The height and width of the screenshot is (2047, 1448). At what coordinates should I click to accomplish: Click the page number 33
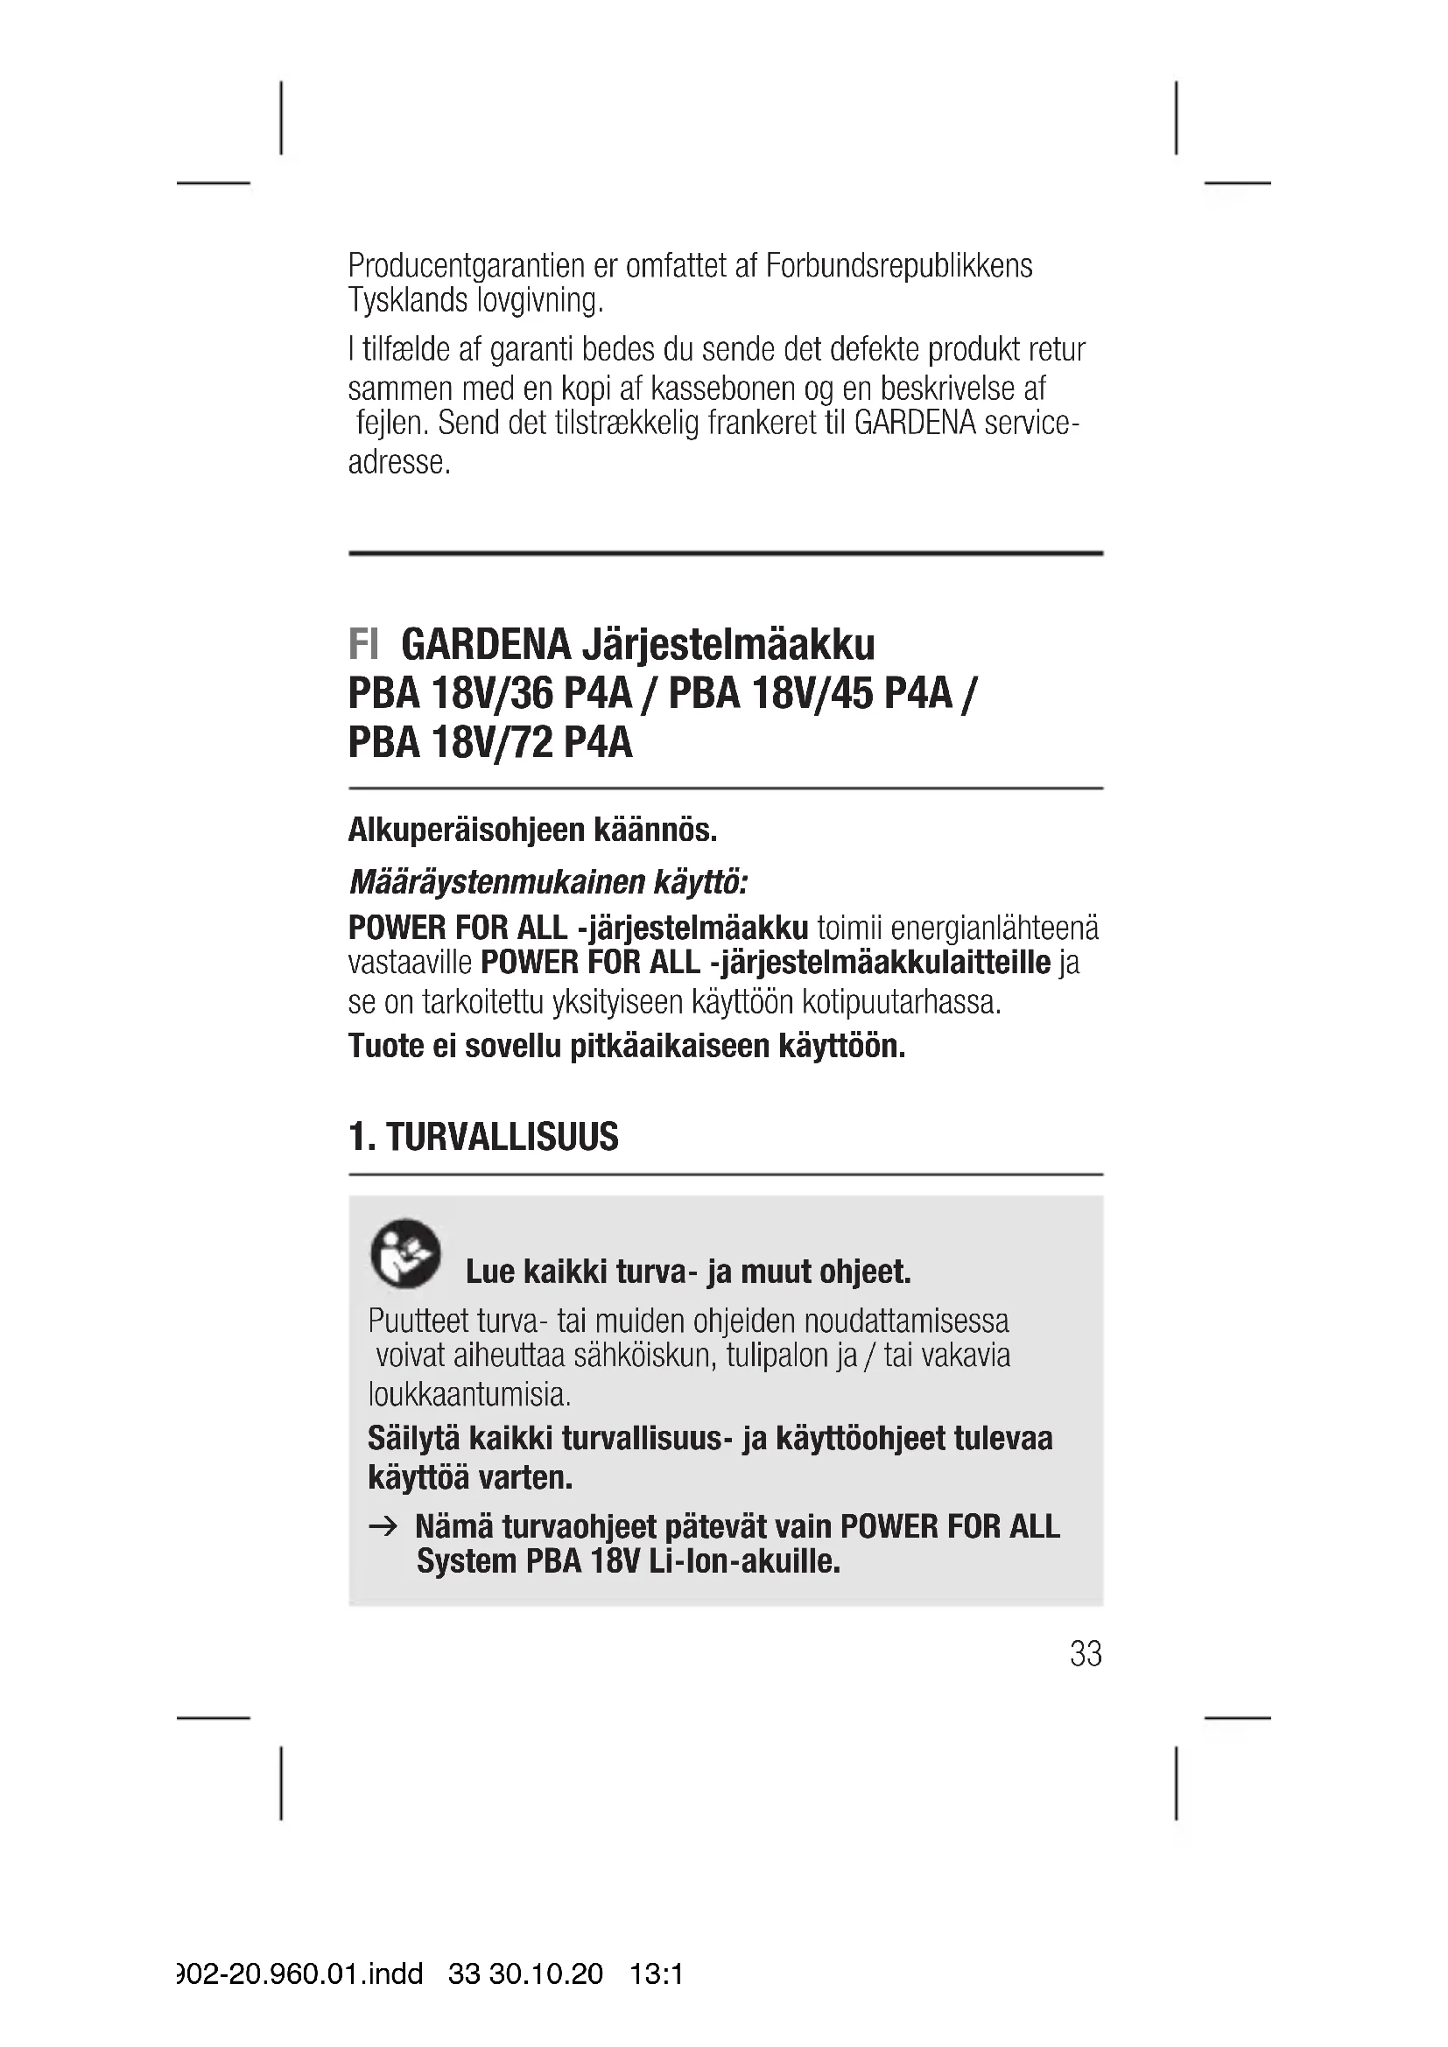(1085, 1654)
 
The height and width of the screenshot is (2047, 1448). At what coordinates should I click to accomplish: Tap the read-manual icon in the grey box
(404, 1252)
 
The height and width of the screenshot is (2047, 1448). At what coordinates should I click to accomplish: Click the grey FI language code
(363, 644)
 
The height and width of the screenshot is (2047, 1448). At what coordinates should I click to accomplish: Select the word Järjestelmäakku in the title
(728, 644)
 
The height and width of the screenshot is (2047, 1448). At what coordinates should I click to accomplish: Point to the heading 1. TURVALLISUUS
(483, 1137)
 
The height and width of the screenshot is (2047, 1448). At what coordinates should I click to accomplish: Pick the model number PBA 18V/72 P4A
(490, 742)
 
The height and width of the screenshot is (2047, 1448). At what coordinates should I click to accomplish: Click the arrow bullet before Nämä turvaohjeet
(383, 1527)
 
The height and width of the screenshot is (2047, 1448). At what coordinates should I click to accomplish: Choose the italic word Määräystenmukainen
(496, 883)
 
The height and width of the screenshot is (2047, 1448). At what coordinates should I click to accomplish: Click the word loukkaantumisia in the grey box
(469, 1392)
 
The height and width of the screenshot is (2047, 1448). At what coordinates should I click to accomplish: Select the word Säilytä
(414, 1438)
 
